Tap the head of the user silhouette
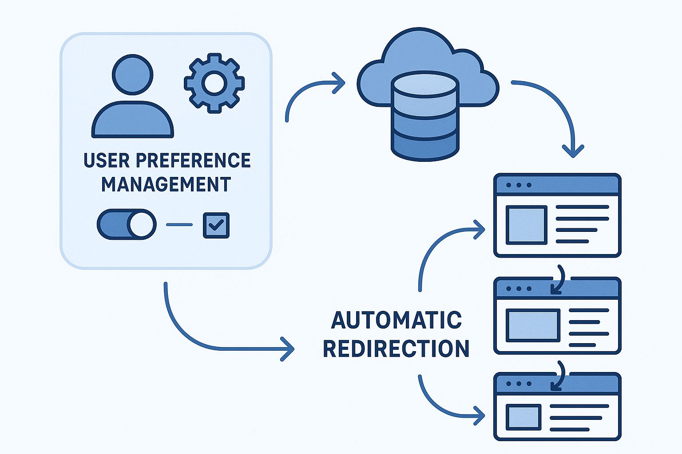point(132,74)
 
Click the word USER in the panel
point(106,160)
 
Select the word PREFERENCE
point(193,160)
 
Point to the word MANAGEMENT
point(166,184)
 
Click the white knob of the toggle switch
point(142,224)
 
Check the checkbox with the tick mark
point(216,225)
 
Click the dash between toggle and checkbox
point(179,225)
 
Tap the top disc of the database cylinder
point(425,85)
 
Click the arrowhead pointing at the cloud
point(340,82)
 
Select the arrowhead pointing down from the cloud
point(573,151)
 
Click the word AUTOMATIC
point(397,320)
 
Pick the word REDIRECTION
point(396,348)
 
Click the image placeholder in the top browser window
point(527,225)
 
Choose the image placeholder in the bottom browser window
point(524,417)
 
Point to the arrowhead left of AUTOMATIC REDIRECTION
point(288,349)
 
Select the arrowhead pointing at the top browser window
point(479,229)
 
